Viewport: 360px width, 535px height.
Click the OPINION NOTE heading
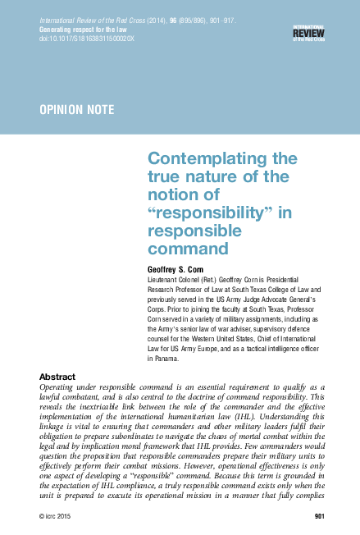77,109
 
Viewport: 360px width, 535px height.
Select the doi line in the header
78,37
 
